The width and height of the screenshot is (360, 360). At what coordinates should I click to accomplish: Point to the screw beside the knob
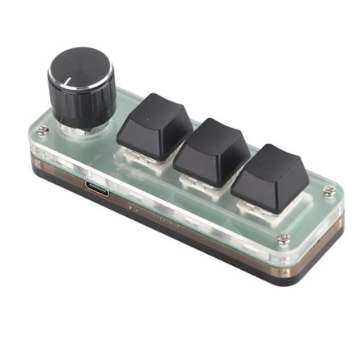[x=43, y=130]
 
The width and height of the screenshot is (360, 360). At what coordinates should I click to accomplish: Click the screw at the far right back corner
[x=329, y=191]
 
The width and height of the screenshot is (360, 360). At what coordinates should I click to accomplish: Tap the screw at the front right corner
[x=283, y=239]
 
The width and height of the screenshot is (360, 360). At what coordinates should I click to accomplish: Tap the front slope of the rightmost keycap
[x=262, y=189]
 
